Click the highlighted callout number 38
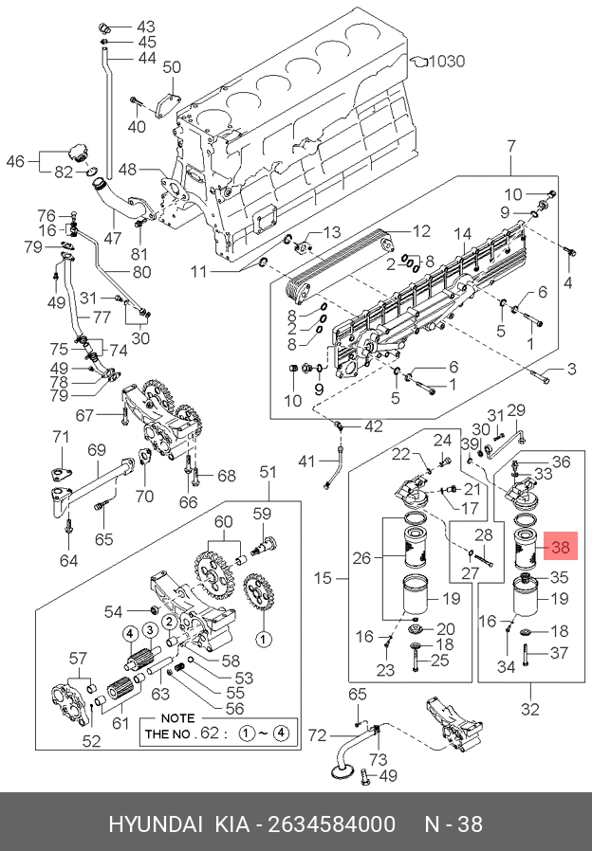[560, 547]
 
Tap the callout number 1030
[445, 62]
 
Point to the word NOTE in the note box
[178, 717]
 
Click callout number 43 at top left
[146, 26]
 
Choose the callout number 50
[171, 67]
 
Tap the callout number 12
[420, 230]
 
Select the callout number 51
[268, 472]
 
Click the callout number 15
[324, 577]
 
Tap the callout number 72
[317, 734]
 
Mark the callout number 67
[84, 415]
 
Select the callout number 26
[361, 558]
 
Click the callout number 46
[15, 162]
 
